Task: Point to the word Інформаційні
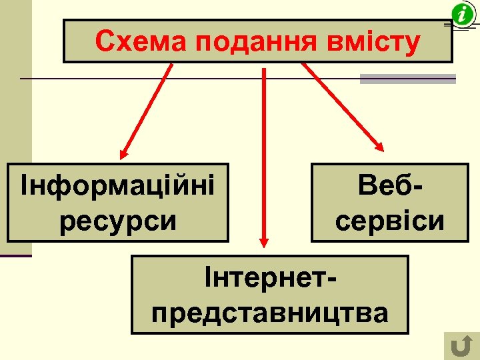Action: (x=118, y=184)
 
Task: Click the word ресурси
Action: (x=118, y=220)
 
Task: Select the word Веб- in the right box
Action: (x=390, y=185)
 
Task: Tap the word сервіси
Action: (x=390, y=220)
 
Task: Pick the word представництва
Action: (x=270, y=311)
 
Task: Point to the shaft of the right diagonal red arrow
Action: (x=340, y=103)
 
